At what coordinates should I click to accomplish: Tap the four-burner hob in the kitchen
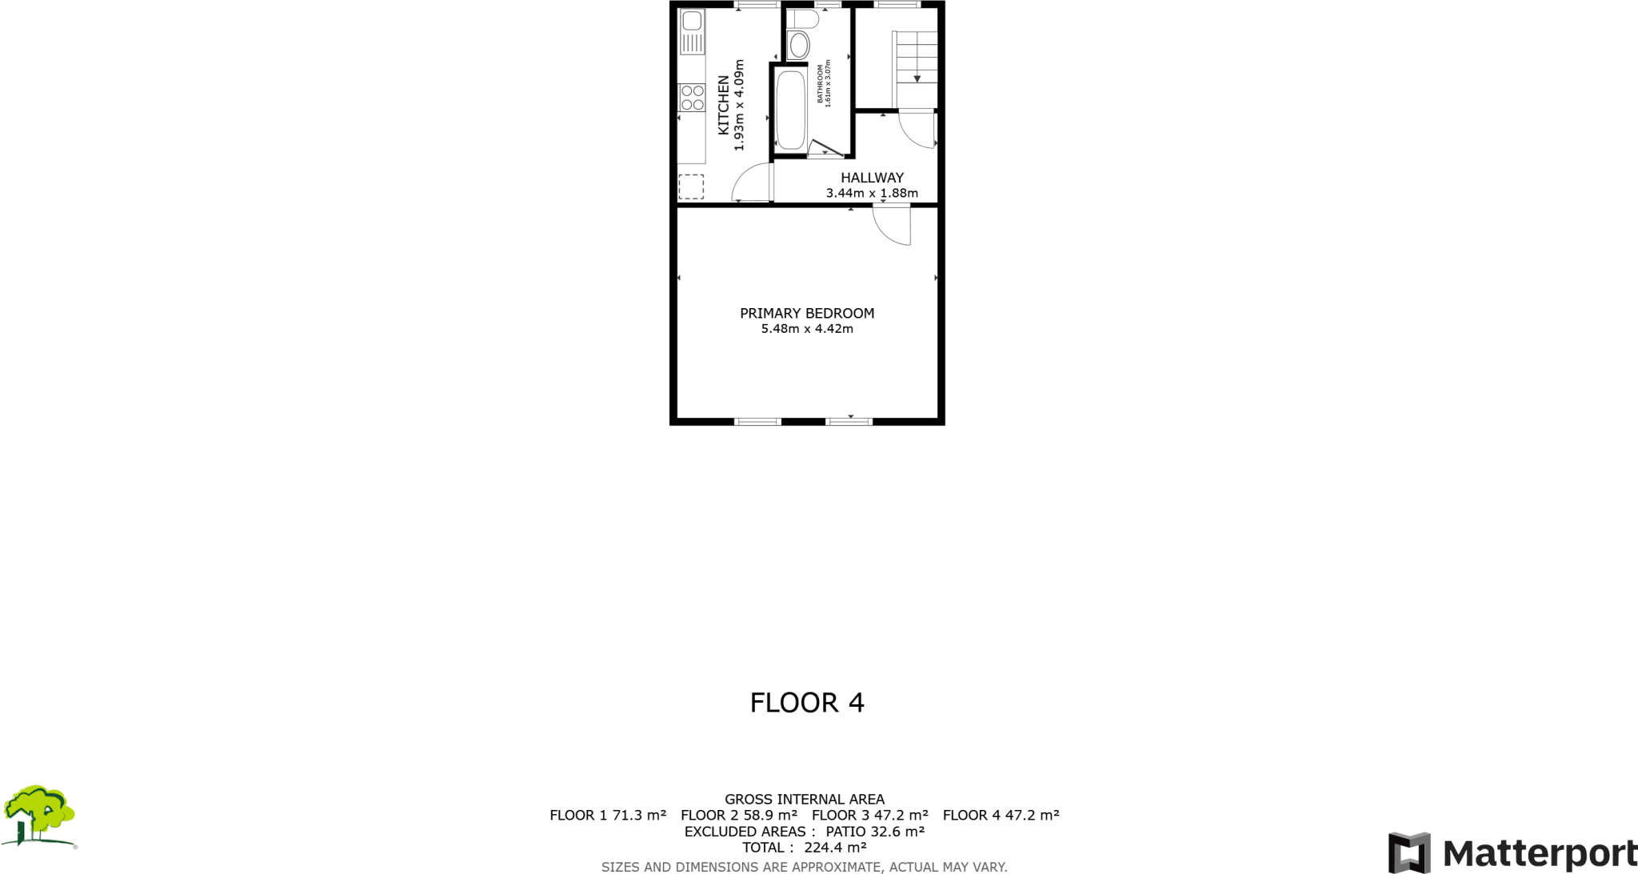pos(692,98)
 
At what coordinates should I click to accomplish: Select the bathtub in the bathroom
pos(790,110)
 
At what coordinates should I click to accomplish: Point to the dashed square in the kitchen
pos(691,186)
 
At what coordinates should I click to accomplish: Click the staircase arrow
pos(917,78)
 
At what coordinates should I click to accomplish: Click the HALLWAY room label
pos(872,178)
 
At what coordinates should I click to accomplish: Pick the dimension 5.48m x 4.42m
pos(807,329)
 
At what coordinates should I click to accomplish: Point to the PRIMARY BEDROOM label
pos(807,313)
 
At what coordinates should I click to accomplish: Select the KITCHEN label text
pos(723,105)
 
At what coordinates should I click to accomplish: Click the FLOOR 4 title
pos(807,703)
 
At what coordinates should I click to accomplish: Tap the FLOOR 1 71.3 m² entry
pos(608,816)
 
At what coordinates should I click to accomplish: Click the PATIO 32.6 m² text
pos(875,832)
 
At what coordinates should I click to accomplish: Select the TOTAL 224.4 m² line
pos(805,848)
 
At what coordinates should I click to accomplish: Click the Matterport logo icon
pos(1409,852)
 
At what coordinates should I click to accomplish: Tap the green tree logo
pos(38,816)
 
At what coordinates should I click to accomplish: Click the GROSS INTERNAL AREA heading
pos(805,799)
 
